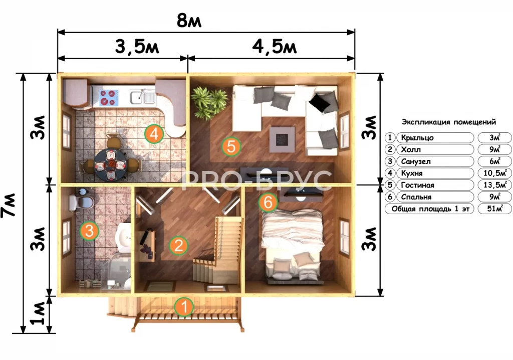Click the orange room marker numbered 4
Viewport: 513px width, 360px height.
click(154, 134)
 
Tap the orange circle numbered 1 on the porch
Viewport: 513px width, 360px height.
click(184, 307)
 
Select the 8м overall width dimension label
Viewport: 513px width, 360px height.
click(189, 21)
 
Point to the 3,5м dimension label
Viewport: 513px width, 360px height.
click(137, 47)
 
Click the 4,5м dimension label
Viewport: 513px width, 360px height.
click(275, 47)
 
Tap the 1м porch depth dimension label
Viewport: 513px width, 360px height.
click(38, 313)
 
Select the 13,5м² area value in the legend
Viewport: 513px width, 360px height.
click(494, 185)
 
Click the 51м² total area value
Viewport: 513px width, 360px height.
click(494, 209)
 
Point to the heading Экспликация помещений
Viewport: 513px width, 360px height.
click(449, 122)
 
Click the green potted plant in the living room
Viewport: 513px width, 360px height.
click(209, 102)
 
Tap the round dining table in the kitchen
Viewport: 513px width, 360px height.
click(111, 164)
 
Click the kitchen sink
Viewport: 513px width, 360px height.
click(142, 97)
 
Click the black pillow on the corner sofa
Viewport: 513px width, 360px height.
click(320, 102)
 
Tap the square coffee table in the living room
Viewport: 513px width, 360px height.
click(282, 139)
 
